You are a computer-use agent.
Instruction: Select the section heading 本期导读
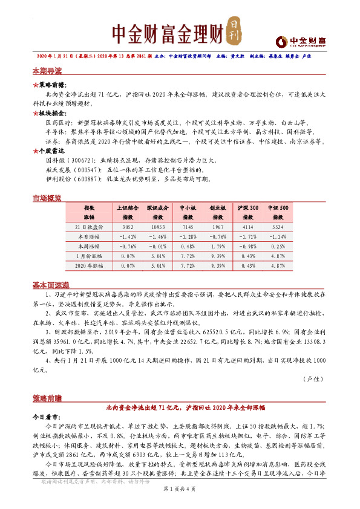tap(47, 71)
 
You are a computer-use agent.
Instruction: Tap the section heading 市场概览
tap(47, 197)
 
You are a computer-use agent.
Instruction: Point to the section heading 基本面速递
tap(50, 285)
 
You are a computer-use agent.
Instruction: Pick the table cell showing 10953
tap(157, 225)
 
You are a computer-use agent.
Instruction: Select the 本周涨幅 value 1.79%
tap(218, 245)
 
